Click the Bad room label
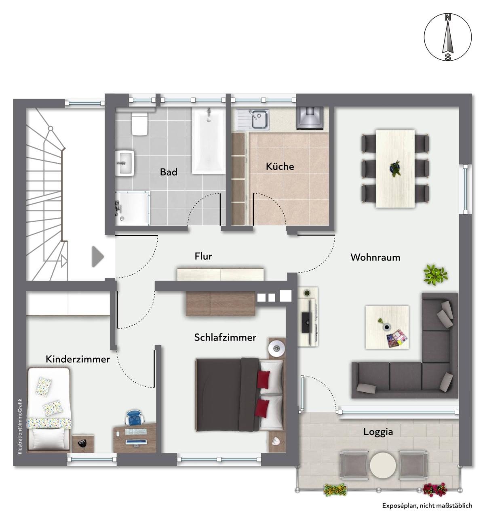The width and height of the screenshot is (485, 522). [x=169, y=172]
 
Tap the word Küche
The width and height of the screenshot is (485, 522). [x=280, y=166]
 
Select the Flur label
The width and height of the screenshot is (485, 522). [x=203, y=256]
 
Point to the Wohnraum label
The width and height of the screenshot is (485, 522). [x=375, y=257]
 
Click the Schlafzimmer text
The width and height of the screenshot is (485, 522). [x=225, y=337]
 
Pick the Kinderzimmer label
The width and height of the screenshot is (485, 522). [x=78, y=359]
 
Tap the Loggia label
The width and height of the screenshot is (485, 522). [x=378, y=432]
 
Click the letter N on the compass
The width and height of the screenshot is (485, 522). [x=448, y=18]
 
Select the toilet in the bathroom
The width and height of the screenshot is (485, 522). [x=139, y=123]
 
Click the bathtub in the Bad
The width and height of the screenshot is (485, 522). [x=209, y=141]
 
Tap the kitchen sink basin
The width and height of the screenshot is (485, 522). [x=259, y=120]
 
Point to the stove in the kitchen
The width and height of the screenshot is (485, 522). [x=310, y=118]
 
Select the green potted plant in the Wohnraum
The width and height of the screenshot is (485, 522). [x=435, y=274]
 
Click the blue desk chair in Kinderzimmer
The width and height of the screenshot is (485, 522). [x=135, y=417]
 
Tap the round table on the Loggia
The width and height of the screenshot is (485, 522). [x=383, y=465]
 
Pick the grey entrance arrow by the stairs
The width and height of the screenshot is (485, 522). [x=97, y=257]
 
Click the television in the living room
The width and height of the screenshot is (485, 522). [x=307, y=322]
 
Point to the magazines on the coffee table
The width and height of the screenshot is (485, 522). [x=397, y=338]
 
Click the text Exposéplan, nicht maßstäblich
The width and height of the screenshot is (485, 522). [x=427, y=505]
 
